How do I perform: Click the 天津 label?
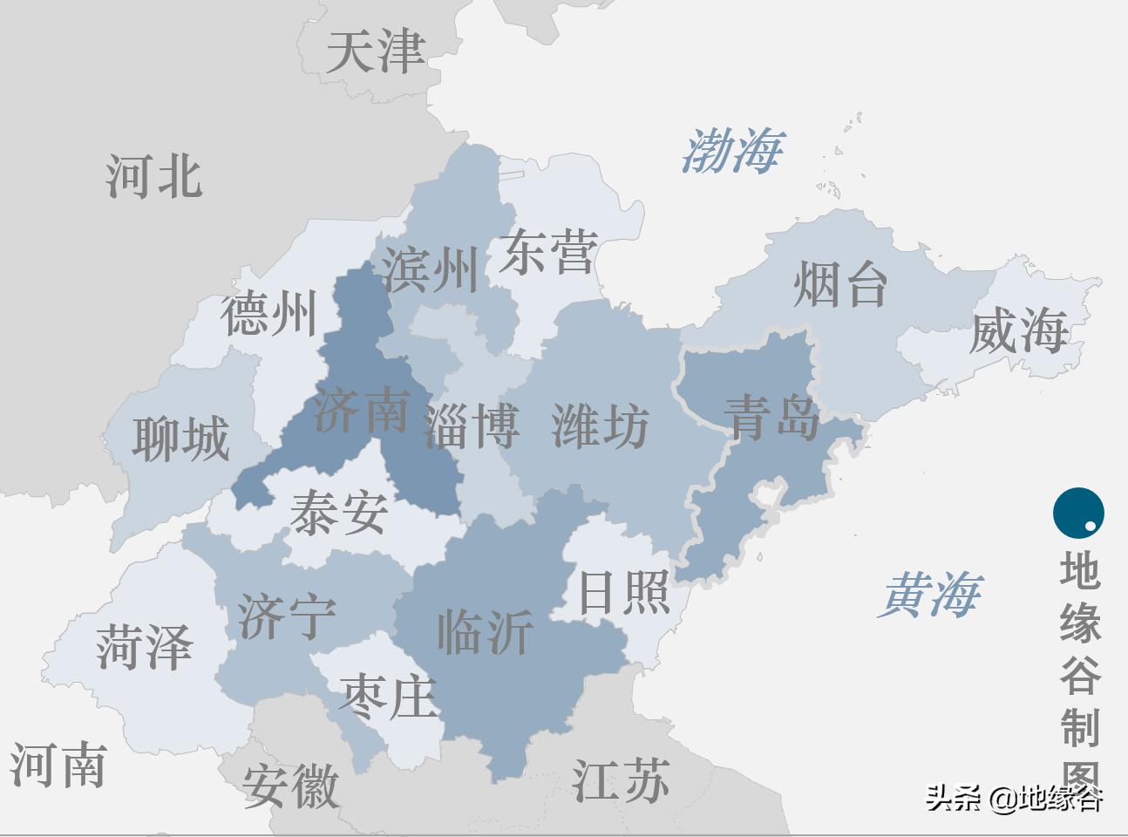[375, 51]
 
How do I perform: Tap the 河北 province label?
[154, 175]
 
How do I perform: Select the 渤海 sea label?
[731, 151]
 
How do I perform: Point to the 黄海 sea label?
[930, 595]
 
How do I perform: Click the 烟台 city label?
[840, 284]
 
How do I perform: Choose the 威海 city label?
[1017, 331]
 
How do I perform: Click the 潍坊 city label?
[601, 426]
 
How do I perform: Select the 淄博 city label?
[471, 426]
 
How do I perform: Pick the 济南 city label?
[362, 409]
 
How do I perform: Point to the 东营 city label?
[548, 252]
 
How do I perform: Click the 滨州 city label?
[431, 269]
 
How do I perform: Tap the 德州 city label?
[268, 314]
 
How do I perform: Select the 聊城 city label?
[180, 438]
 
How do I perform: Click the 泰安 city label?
[338, 512]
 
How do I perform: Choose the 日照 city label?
[623, 592]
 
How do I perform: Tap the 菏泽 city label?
[144, 648]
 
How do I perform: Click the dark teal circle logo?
[1078, 513]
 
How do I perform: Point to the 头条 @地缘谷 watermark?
[1014, 798]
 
